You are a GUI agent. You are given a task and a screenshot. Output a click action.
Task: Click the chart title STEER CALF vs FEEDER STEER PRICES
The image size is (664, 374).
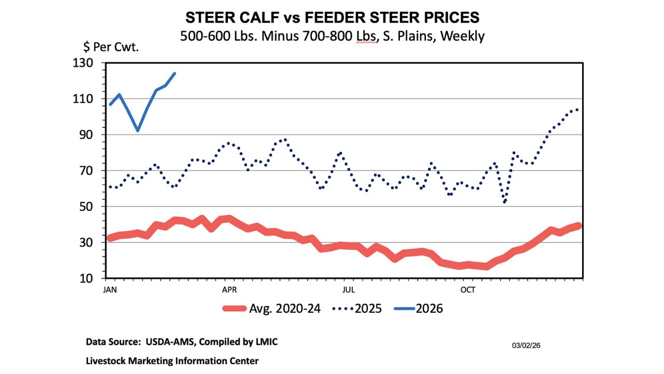point(332,17)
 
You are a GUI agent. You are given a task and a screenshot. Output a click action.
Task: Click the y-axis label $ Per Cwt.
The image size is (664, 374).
point(112,47)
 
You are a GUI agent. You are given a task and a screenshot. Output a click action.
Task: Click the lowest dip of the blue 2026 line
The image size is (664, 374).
point(137,130)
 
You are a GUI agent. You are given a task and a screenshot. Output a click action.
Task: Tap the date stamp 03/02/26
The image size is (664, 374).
point(527,345)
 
